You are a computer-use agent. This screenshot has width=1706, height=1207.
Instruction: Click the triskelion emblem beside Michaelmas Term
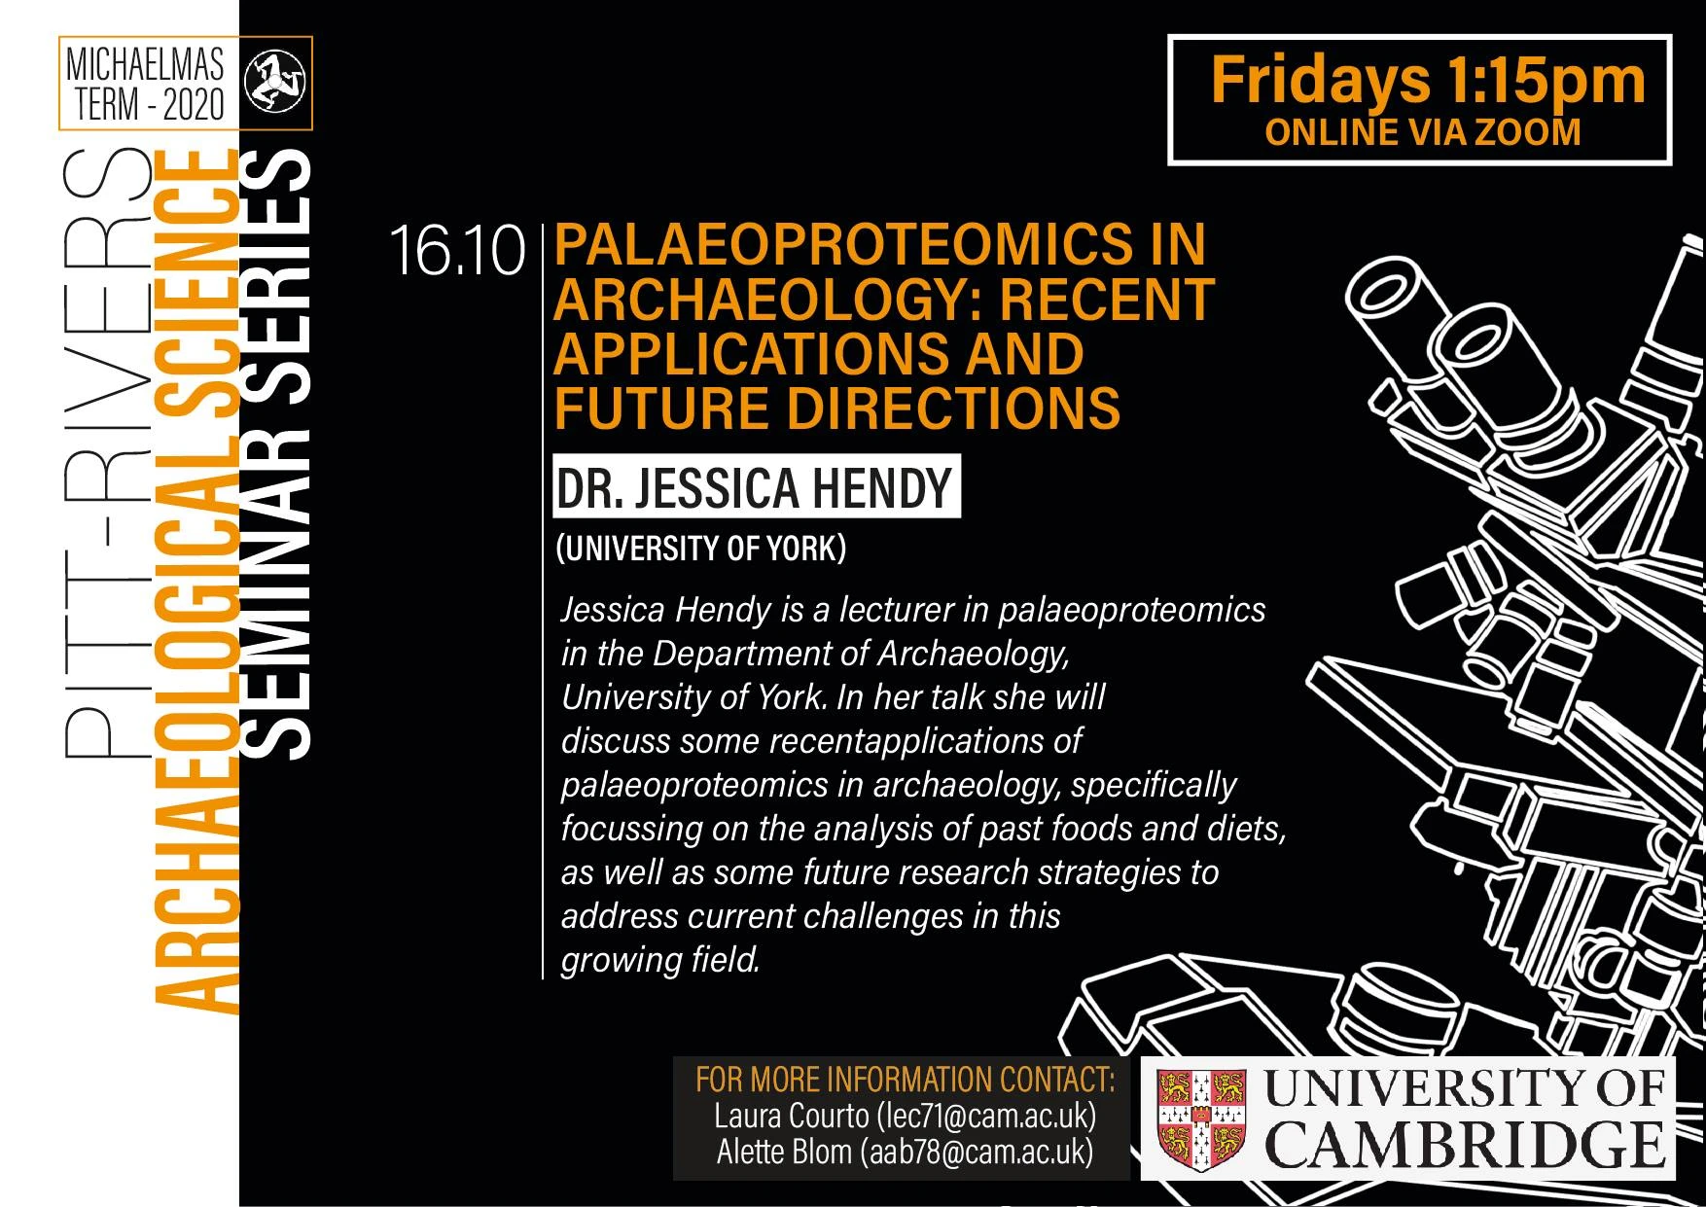273,83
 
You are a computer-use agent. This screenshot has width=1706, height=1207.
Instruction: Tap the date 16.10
457,251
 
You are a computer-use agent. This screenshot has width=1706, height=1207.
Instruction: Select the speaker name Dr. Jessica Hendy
754,487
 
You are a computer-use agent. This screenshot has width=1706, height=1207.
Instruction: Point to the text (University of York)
700,549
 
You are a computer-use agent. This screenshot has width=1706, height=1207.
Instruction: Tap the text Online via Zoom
1422,133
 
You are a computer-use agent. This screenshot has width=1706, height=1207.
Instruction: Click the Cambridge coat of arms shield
1201,1118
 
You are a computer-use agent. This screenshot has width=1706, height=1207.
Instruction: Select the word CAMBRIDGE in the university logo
1464,1146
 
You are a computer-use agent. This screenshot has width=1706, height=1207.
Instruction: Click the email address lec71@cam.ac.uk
985,1116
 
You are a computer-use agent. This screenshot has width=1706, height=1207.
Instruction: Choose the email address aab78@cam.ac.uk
977,1153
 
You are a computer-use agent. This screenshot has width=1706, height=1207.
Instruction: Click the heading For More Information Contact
905,1080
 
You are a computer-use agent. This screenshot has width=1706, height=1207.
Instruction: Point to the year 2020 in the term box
193,105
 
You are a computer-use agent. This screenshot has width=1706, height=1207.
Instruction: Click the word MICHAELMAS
145,64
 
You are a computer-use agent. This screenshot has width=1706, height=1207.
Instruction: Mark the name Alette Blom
784,1153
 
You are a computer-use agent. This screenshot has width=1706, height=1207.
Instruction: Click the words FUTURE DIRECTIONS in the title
836,408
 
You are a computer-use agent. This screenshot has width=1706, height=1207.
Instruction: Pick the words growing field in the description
659,960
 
